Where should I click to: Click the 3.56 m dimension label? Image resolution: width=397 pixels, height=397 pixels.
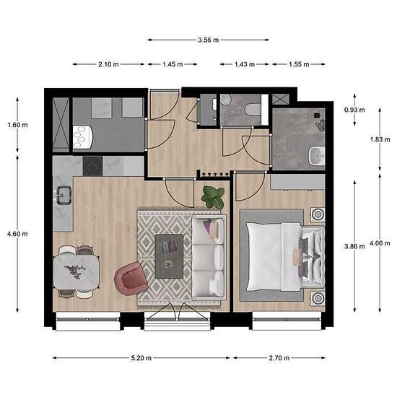[x=209, y=40]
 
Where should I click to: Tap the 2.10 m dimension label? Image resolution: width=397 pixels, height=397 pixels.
[x=108, y=64]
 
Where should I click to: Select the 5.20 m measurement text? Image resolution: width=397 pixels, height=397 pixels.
[x=141, y=358]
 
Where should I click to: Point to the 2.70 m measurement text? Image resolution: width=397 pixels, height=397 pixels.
[x=279, y=358]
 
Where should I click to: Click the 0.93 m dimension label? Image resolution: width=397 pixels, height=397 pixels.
[x=354, y=110]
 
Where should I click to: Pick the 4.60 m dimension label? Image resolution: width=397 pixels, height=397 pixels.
[x=17, y=234]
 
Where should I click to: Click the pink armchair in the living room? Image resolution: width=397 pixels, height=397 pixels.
[x=131, y=279]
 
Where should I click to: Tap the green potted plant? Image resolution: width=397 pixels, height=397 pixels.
[x=213, y=197]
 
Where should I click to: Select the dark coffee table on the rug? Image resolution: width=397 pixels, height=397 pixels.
[x=169, y=256]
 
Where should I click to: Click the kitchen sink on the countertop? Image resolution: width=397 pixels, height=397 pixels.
[x=64, y=195]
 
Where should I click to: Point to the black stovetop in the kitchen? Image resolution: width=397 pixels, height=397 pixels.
[x=93, y=166]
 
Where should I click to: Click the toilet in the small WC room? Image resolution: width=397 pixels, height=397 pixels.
[x=253, y=110]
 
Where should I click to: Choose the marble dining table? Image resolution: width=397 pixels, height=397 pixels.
[x=76, y=272]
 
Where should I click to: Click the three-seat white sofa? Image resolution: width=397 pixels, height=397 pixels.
[x=209, y=258]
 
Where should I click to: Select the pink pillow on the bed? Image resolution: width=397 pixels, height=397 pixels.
[x=296, y=257]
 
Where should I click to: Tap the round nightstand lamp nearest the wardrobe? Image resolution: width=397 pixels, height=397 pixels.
[x=318, y=214]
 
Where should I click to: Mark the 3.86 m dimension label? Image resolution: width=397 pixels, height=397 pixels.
[x=354, y=246]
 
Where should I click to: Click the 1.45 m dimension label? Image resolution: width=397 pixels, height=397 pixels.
[x=173, y=64]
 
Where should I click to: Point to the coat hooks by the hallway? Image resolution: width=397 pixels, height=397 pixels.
[x=213, y=174]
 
